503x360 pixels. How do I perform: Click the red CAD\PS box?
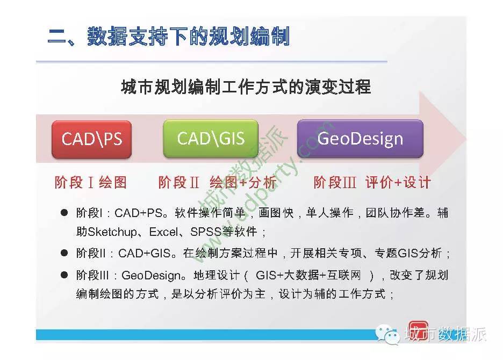pyautogui.click(x=92, y=139)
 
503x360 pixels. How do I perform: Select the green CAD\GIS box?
pyautogui.click(x=211, y=139)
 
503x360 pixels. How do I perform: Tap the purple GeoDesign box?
pyautogui.click(x=360, y=139)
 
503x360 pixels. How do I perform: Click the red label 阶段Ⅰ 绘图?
pyautogui.click(x=90, y=182)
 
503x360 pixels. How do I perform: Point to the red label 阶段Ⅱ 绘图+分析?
pyautogui.click(x=217, y=182)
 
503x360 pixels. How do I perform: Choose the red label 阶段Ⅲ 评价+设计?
pyautogui.click(x=372, y=182)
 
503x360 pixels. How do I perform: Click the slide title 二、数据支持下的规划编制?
pyautogui.click(x=169, y=36)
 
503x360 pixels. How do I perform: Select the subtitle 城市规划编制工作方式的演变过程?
pyautogui.click(x=246, y=87)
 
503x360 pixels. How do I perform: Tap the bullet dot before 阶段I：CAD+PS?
pyautogui.click(x=64, y=212)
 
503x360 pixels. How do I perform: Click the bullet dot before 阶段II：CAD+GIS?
pyautogui.click(x=64, y=253)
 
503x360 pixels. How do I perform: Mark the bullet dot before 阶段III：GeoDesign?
pyautogui.click(x=64, y=275)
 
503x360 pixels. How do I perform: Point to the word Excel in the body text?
pyautogui.click(x=163, y=232)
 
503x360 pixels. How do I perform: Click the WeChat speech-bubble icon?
pyautogui.click(x=388, y=334)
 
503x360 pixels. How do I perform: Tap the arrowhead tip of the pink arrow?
pyautogui.click(x=466, y=139)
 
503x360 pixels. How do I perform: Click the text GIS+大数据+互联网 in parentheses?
pyautogui.click(x=308, y=275)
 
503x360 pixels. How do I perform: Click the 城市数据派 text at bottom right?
pyautogui.click(x=446, y=334)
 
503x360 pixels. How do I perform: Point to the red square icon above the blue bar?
pyautogui.click(x=418, y=328)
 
